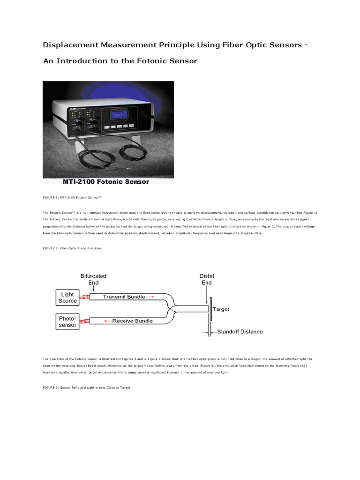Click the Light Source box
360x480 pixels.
[68, 298]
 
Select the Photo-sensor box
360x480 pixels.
[68, 321]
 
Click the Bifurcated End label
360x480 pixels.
[93, 279]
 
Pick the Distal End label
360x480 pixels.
[206, 279]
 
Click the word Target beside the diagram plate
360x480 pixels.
[221, 309]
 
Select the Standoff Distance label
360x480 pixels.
[240, 332]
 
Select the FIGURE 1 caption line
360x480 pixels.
[71, 199]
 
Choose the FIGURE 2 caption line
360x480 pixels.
[72, 248]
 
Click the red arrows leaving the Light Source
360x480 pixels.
[83, 297]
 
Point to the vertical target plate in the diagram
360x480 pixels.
[210, 309]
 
